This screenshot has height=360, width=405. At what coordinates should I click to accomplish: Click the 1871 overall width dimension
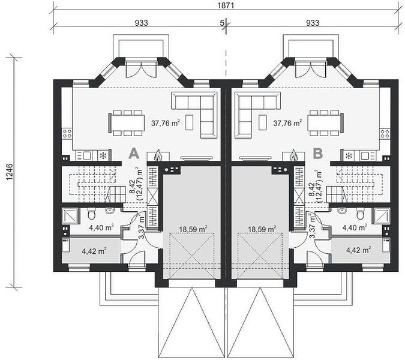click(226, 5)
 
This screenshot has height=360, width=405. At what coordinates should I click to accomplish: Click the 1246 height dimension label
click(9, 172)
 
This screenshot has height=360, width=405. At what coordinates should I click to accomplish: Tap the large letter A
click(134, 153)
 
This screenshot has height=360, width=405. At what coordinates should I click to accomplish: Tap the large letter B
click(317, 153)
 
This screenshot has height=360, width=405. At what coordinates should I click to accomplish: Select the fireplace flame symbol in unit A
click(158, 155)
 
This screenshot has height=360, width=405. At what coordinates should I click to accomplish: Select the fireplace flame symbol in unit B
click(293, 155)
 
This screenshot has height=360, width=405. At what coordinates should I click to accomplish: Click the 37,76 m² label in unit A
click(166, 123)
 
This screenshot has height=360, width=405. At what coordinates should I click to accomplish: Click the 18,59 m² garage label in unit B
click(262, 229)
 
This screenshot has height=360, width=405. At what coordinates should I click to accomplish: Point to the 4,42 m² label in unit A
click(94, 251)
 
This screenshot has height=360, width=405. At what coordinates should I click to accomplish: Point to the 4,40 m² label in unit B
click(355, 227)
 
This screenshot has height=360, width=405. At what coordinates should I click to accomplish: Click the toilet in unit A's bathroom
click(92, 214)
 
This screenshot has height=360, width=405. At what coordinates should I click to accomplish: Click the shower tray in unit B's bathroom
click(381, 215)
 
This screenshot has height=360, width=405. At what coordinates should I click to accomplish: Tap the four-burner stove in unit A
click(67, 134)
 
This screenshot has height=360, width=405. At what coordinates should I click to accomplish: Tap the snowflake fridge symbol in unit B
click(348, 156)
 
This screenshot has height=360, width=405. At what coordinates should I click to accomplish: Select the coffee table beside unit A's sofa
click(190, 122)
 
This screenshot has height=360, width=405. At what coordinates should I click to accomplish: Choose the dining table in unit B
click(325, 123)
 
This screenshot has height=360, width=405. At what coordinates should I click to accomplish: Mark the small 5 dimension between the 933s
click(222, 23)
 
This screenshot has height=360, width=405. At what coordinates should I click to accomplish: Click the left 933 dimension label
click(141, 23)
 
